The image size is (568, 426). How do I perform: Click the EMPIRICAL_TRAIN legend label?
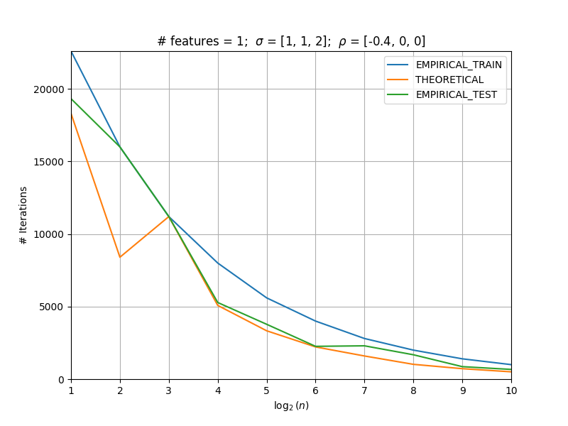[x=459, y=65]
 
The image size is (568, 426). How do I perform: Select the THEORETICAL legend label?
[x=449, y=80]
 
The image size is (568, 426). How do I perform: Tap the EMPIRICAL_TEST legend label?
[x=456, y=94]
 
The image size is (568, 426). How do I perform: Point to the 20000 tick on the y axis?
[x=48, y=89]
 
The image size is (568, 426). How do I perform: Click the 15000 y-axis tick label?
[x=48, y=162]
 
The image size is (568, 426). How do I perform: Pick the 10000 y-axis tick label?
[x=48, y=235]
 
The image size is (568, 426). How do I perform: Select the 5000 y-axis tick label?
[x=51, y=307]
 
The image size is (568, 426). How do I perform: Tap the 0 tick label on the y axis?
[x=61, y=380]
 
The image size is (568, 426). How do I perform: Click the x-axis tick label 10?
[x=511, y=390]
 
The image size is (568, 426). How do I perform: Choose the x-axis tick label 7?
[x=364, y=390]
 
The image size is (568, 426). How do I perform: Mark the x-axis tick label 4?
[x=218, y=390]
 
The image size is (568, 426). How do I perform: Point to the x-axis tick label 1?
[x=72, y=390]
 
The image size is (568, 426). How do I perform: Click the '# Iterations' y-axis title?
[x=23, y=216]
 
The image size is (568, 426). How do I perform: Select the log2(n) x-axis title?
[x=291, y=405]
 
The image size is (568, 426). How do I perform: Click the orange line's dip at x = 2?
[x=120, y=257]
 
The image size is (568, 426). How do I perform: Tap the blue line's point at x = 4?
[x=218, y=263]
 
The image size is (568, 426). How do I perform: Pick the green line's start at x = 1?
[x=72, y=99]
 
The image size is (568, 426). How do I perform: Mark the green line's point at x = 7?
[x=364, y=346]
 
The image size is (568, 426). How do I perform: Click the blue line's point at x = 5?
[x=267, y=297]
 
